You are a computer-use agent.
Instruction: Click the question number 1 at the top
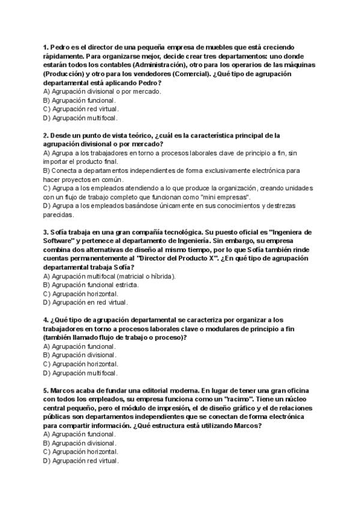[46, 46]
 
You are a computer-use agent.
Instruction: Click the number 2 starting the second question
[46, 136]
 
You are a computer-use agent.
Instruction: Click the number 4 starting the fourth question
[46, 320]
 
